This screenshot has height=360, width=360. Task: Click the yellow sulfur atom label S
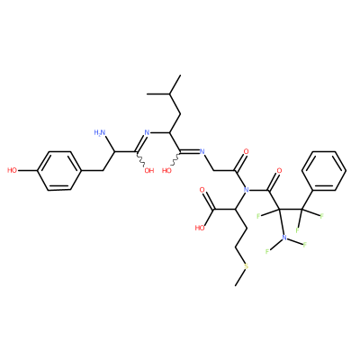(247, 266)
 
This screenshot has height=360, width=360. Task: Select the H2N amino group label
(100, 132)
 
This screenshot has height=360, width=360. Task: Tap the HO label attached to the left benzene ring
(13, 171)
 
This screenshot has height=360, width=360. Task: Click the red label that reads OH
(149, 171)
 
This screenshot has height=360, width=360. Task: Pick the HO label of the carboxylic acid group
(200, 228)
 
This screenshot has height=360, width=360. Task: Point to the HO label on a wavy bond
(166, 171)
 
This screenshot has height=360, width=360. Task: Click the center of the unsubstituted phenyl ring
(324, 171)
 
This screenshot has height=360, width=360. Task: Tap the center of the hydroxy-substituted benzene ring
(59, 171)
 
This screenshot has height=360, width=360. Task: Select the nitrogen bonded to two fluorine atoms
(284, 238)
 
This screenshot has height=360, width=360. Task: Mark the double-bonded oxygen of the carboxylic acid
(202, 190)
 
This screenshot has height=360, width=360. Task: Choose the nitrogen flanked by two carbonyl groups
(247, 190)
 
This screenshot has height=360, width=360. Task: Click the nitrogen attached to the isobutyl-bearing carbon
(147, 132)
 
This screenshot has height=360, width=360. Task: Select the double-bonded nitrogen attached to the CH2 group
(202, 151)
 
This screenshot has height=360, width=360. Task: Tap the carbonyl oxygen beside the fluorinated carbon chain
(279, 171)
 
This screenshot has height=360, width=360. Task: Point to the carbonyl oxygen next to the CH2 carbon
(246, 151)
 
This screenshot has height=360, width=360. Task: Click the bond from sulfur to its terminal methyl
(240, 277)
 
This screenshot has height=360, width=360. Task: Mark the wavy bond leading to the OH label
(141, 159)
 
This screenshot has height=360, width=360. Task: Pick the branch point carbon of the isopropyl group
(169, 94)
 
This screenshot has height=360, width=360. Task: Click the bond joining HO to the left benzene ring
(28, 171)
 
